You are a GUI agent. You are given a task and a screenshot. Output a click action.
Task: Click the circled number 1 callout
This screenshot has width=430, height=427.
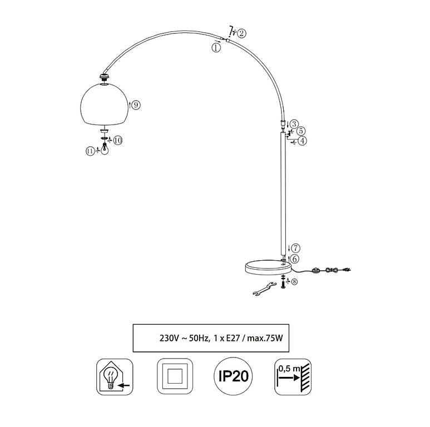pos(216,48)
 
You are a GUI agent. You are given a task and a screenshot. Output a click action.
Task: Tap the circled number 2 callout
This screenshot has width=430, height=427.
pos(241,33)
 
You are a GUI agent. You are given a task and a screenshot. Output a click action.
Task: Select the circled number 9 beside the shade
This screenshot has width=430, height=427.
pos(136,105)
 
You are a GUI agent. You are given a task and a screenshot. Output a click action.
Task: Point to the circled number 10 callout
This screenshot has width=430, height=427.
pos(118,141)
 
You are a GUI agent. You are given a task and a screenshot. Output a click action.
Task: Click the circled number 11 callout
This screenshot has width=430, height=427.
pos(90,151)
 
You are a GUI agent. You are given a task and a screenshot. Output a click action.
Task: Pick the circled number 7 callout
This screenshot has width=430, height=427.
pos(295,248)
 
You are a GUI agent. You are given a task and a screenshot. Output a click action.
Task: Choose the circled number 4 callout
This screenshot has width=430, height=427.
pos(302,141)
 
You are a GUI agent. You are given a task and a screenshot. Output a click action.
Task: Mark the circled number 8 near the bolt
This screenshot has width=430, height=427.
pos(294,281)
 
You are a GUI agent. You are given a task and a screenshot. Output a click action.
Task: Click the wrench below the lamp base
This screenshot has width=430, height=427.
pos(264,289)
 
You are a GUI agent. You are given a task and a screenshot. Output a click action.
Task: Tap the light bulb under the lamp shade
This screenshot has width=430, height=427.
pos(105,148)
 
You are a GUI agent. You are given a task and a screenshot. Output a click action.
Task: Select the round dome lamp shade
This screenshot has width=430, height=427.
pos(104,103)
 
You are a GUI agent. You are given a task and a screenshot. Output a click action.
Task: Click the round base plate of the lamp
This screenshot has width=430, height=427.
pos(269,267)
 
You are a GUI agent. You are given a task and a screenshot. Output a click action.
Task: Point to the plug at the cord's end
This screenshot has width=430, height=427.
pos(347,270)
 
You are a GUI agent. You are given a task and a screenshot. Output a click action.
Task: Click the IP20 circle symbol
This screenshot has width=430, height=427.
pos(234,376)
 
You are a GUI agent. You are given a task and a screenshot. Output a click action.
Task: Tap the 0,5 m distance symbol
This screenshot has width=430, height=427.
pos(293,376)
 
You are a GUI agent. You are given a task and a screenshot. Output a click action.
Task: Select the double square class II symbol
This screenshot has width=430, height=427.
pos(175,376)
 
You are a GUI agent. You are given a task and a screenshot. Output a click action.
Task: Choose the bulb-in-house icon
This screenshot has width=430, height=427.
pos(115,376)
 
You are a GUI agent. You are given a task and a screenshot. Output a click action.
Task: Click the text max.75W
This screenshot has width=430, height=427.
pos(265,338)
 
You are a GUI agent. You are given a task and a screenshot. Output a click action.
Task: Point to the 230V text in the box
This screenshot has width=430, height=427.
pos(169,338)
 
